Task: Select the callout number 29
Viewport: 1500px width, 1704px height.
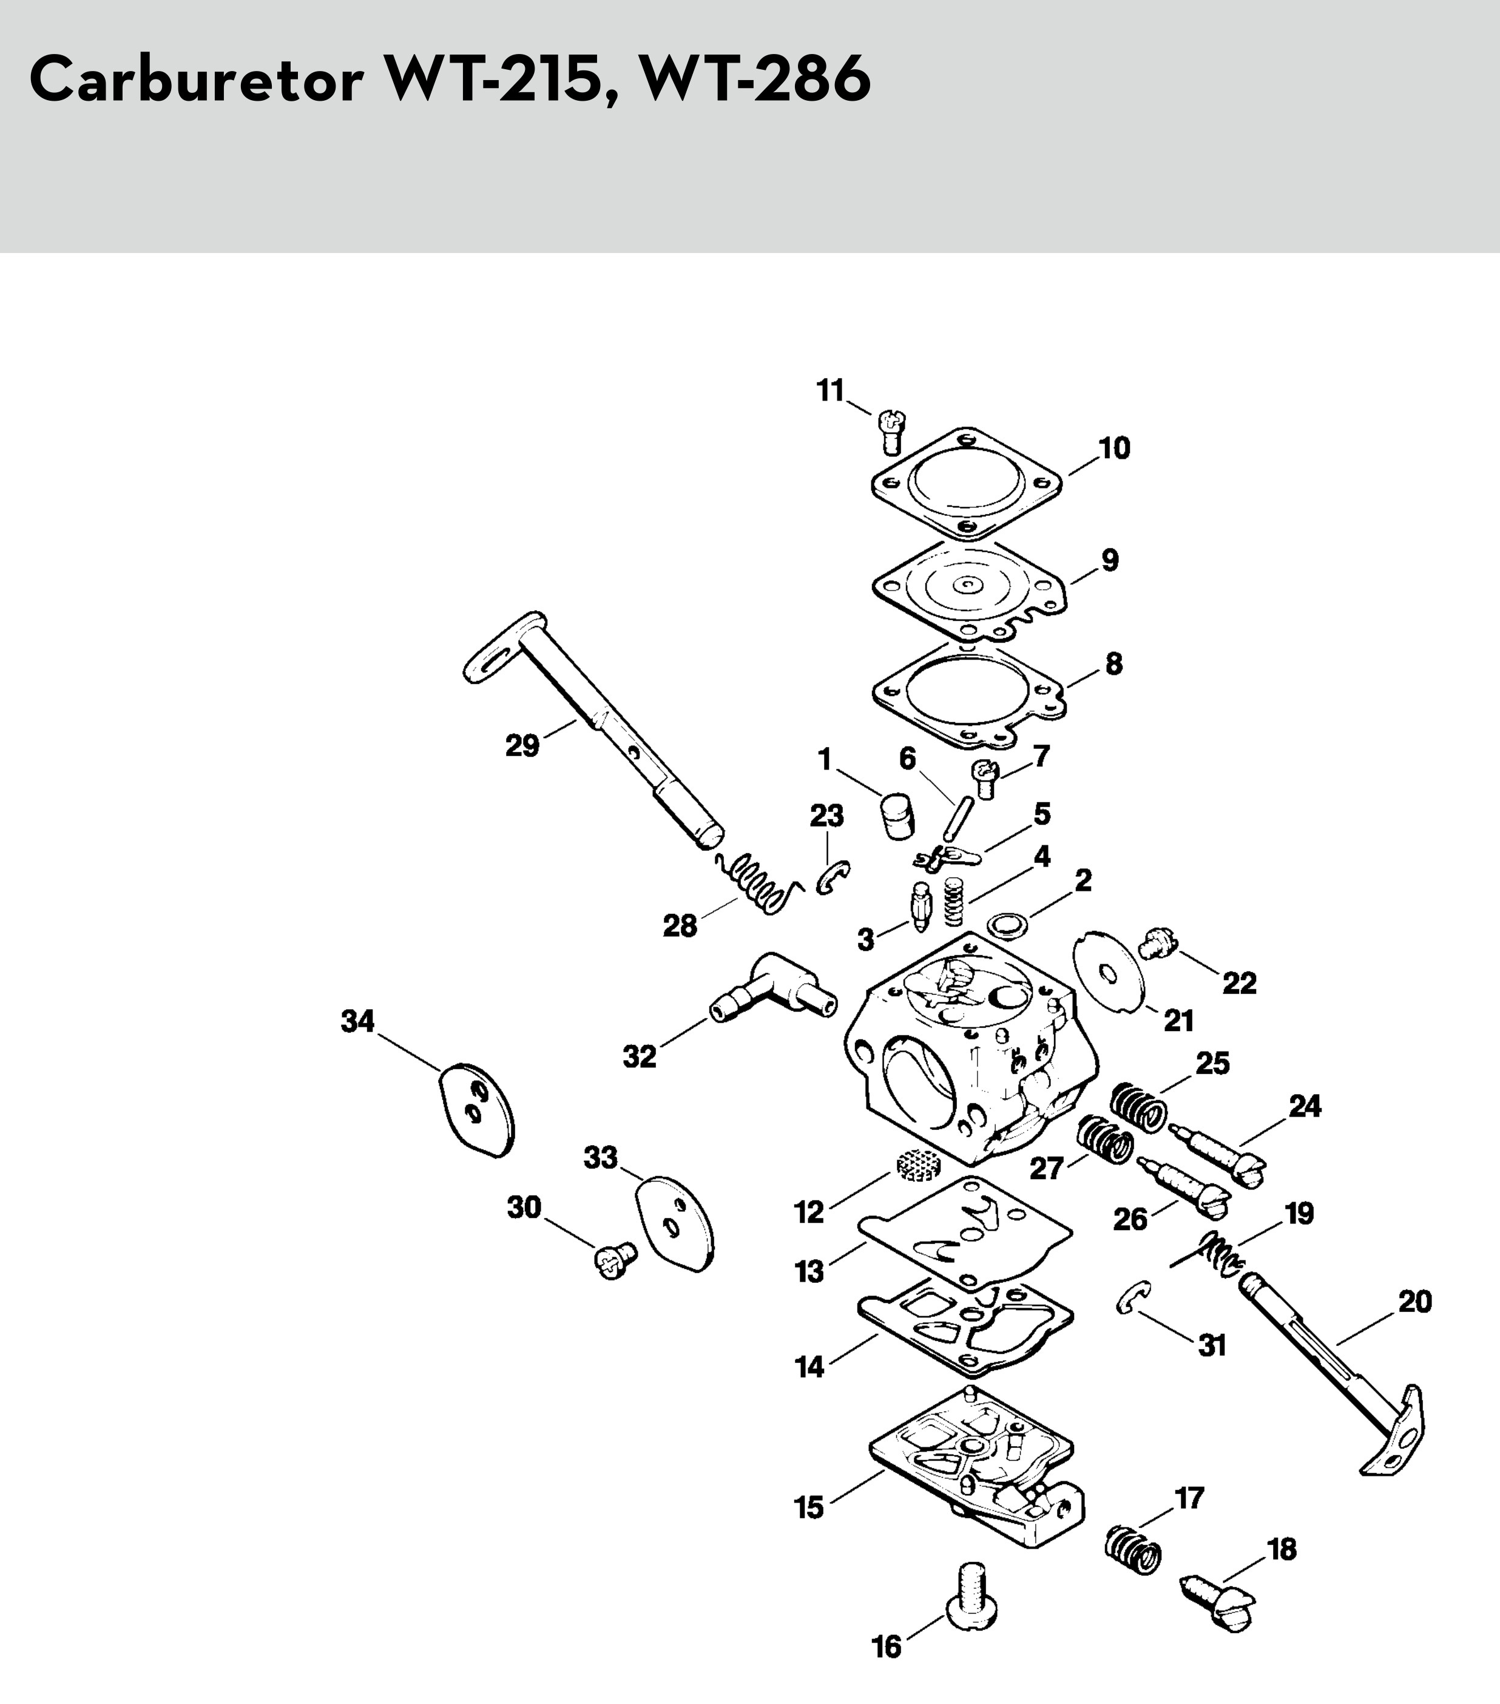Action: [x=522, y=745]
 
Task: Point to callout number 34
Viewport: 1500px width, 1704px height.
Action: [x=357, y=1021]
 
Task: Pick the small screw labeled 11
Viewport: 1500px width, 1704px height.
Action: [x=891, y=431]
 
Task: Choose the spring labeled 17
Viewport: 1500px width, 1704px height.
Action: [x=1133, y=1550]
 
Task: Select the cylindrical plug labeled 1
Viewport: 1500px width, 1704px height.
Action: [x=896, y=816]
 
